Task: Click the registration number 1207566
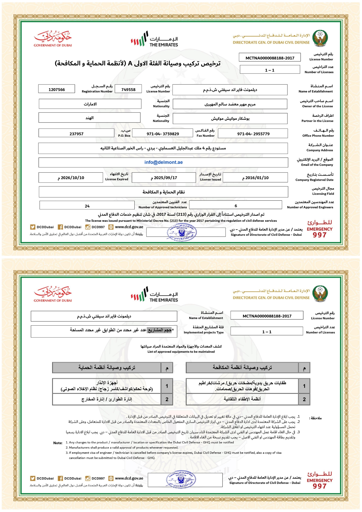(x=57, y=90)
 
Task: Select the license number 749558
(x=128, y=90)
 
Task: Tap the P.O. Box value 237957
(x=76, y=134)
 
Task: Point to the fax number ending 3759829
(x=163, y=134)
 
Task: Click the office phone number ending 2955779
(x=253, y=134)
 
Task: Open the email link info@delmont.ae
(x=163, y=162)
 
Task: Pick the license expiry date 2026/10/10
(x=71, y=178)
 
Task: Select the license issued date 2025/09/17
(x=164, y=178)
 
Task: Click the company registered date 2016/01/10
(x=255, y=178)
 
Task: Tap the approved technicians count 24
(x=87, y=206)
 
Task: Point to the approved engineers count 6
(x=236, y=206)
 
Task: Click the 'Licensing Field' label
(x=323, y=194)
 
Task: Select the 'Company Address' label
(x=320, y=150)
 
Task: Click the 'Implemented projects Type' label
(x=204, y=332)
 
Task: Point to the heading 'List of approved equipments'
(x=181, y=352)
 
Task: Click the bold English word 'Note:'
(x=58, y=443)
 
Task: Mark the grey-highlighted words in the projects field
(x=159, y=330)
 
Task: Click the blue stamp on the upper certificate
(x=181, y=232)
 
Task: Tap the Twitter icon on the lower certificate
(x=33, y=478)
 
